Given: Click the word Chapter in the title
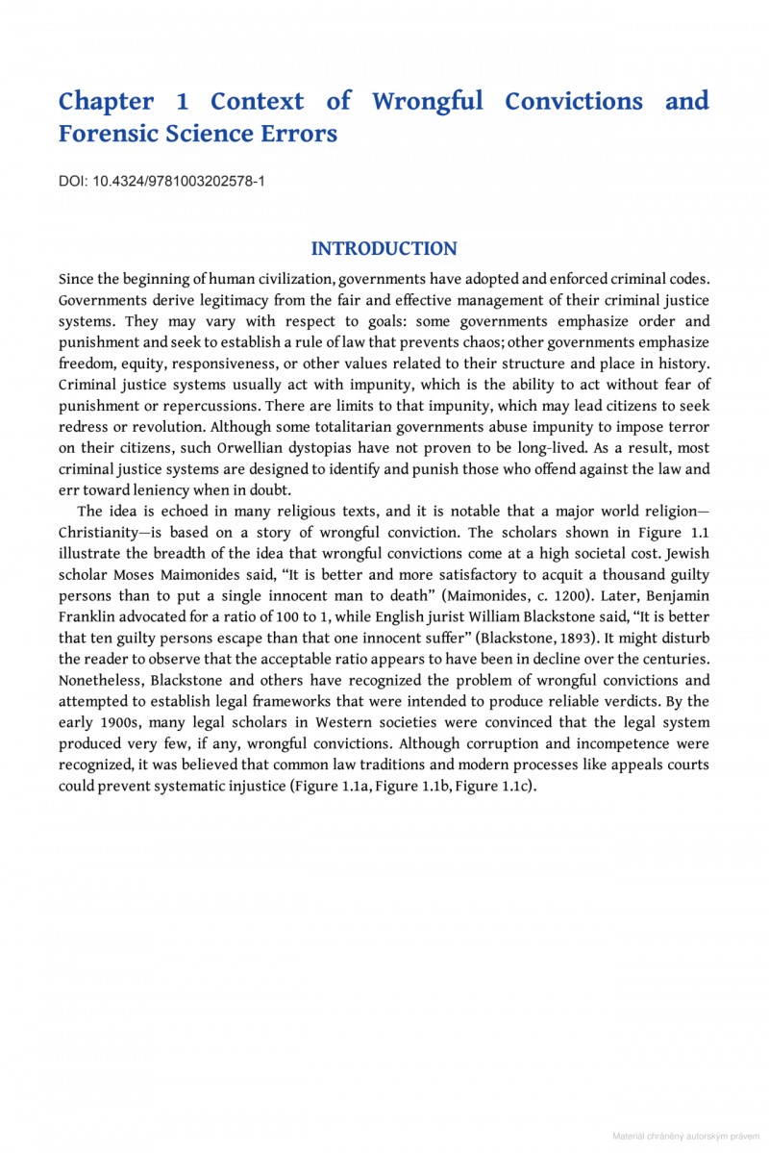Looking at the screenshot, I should click(x=106, y=101).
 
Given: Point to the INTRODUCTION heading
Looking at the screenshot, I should click(x=384, y=249).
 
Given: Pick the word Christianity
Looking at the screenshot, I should click(x=105, y=533).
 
